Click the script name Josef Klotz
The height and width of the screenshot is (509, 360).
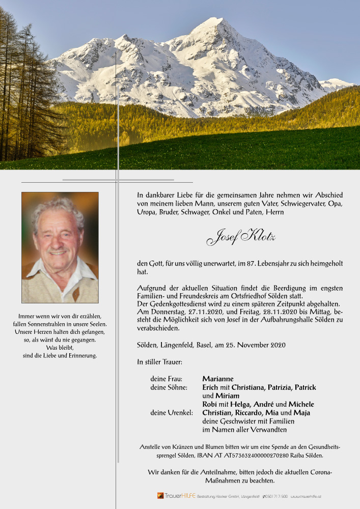[240, 237]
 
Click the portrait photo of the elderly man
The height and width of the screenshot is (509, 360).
[60, 247]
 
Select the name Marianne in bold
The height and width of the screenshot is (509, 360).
[218, 379]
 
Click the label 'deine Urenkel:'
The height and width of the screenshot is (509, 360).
[172, 413]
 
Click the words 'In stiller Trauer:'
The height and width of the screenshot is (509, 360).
[159, 362]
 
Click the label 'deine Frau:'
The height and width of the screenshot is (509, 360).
[166, 379]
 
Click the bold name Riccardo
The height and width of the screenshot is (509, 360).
[248, 413]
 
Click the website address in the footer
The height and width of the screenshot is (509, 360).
[306, 496]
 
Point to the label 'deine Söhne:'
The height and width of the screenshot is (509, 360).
[169, 387]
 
